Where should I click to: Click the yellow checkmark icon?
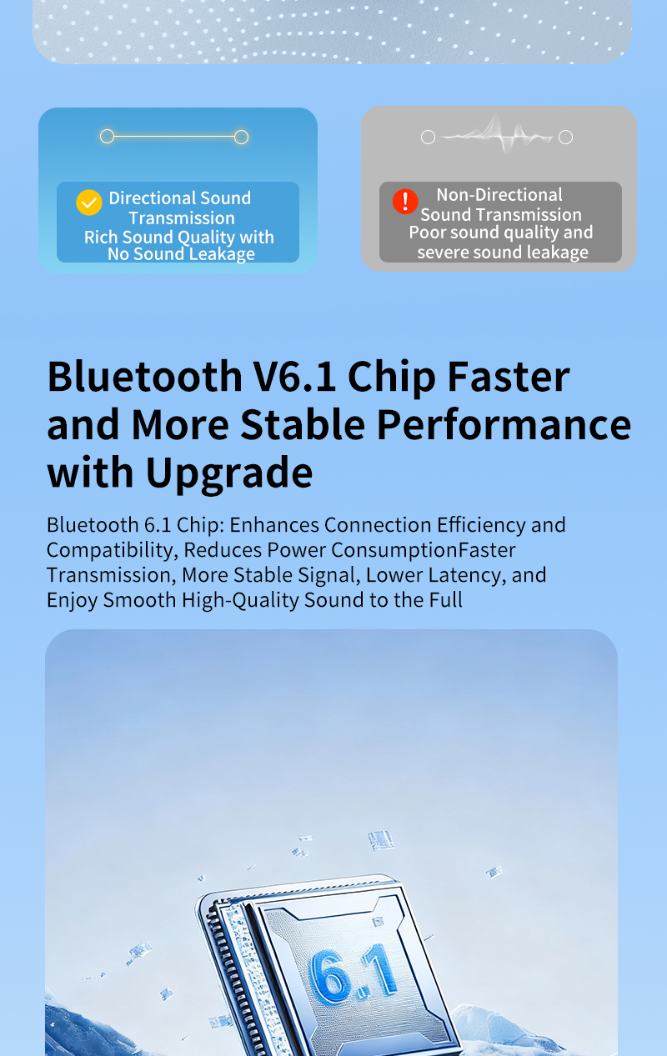[88, 203]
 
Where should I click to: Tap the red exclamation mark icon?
[405, 201]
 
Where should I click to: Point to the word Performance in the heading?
[504, 424]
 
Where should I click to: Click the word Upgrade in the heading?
[229, 473]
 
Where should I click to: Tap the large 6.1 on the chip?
[353, 973]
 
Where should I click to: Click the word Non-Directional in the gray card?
[499, 195]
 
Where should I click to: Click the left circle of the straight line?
[107, 137]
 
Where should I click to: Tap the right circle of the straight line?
[241, 137]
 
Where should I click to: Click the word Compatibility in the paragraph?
[111, 550]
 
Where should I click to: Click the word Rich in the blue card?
[102, 238]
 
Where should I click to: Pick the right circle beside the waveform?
[565, 137]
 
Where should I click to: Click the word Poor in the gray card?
[427, 233]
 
